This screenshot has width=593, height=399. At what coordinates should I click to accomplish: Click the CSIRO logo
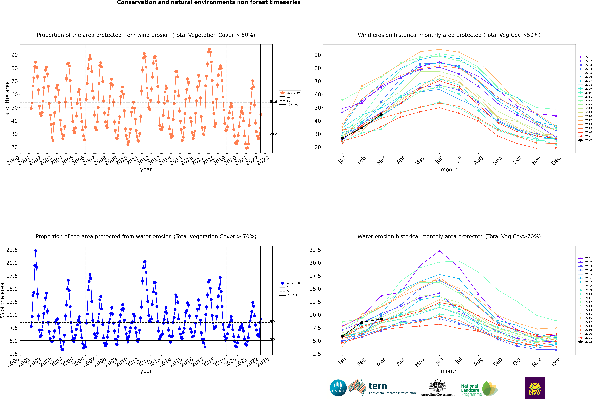338,388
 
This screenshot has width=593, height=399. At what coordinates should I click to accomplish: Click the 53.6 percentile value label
273,102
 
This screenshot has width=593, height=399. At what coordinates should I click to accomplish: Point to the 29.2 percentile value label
273,134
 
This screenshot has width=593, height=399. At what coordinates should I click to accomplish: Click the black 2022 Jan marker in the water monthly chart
342,336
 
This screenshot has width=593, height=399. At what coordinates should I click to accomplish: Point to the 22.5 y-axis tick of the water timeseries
12,250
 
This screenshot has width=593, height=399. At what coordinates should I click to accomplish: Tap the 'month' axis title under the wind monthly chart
449,170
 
